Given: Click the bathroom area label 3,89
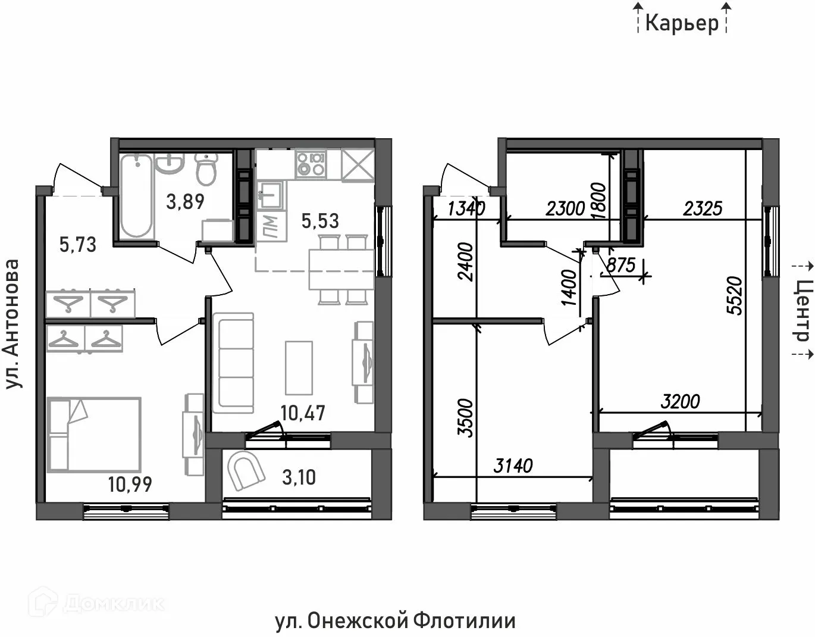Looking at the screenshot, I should [x=185, y=201].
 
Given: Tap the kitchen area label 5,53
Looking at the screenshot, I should [x=320, y=221].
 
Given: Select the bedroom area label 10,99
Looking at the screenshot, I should [x=130, y=484].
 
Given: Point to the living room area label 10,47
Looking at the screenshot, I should [x=303, y=413].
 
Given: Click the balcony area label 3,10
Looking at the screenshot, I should [x=299, y=477].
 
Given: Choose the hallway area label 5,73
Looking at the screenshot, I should [x=78, y=244].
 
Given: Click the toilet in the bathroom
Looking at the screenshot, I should [x=206, y=169].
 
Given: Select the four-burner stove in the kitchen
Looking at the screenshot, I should [x=311, y=164].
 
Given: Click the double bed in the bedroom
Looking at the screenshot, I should [x=94, y=435].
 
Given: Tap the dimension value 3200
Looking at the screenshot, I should [x=681, y=402].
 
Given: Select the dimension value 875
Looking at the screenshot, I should [x=621, y=265].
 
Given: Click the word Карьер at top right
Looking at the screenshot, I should [x=682, y=23].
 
